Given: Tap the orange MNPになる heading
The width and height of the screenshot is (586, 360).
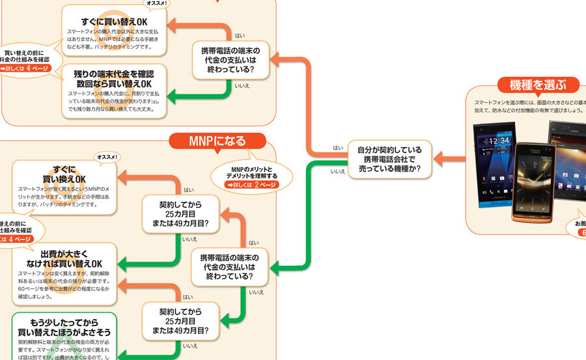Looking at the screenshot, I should pyautogui.click(x=217, y=141).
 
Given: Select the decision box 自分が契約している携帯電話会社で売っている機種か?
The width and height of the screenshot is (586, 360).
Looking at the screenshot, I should pyautogui.click(x=388, y=159).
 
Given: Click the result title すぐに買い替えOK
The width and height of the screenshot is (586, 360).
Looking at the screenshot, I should pyautogui.click(x=114, y=22).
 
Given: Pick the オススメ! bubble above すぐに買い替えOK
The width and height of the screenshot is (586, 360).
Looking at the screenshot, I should pyautogui.click(x=156, y=3).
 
